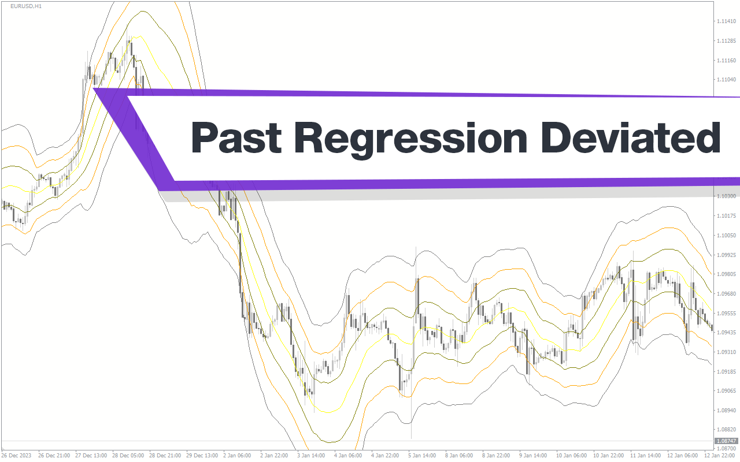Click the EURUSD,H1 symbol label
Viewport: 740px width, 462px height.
point(26,6)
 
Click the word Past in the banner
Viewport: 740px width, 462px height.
point(236,137)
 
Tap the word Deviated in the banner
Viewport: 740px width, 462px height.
point(630,137)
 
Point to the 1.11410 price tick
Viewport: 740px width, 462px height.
point(726,21)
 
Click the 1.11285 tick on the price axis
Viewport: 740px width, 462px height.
point(726,41)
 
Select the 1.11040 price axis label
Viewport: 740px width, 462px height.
point(726,80)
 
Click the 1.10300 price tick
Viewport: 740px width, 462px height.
point(726,196)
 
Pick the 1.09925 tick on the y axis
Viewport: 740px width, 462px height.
point(726,255)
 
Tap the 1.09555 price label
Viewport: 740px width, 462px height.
point(726,314)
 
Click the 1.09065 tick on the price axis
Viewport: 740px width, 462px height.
point(726,391)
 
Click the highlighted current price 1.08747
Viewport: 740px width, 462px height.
point(726,441)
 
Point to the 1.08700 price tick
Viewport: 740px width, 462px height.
point(726,449)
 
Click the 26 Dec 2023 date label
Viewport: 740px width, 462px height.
point(16,456)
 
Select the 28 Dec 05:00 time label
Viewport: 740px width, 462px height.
point(128,456)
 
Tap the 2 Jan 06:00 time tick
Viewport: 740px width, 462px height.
point(237,456)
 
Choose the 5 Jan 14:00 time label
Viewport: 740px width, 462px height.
point(422,456)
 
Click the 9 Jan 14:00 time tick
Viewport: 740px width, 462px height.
point(533,456)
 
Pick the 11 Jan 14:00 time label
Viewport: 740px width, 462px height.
point(645,456)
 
